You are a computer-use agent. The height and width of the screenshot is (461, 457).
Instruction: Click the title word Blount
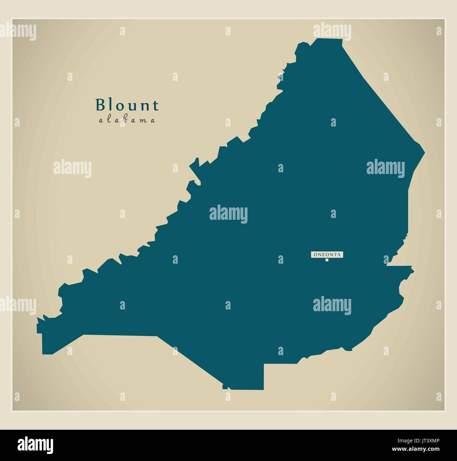tap(127, 105)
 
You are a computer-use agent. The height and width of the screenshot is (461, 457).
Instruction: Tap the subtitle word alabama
tap(127, 121)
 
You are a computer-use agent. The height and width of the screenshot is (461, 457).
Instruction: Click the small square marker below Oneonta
tap(327, 260)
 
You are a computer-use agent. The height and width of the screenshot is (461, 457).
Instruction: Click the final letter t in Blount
tap(156, 105)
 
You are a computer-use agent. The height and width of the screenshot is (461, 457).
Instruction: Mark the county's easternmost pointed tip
tap(425, 153)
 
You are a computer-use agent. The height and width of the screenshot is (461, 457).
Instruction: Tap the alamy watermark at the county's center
tap(228, 214)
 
